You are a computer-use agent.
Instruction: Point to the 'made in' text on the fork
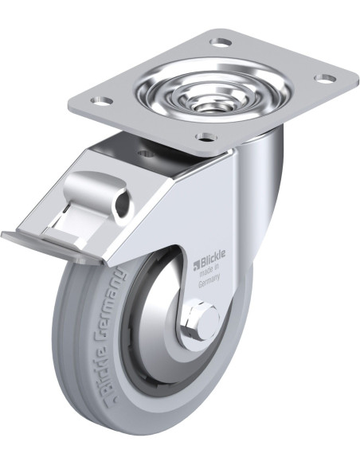point(209,271)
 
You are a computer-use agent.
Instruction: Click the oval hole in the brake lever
point(121,207)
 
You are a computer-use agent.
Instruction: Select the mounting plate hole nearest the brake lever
point(100,101)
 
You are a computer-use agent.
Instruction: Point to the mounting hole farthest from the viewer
point(221,41)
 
